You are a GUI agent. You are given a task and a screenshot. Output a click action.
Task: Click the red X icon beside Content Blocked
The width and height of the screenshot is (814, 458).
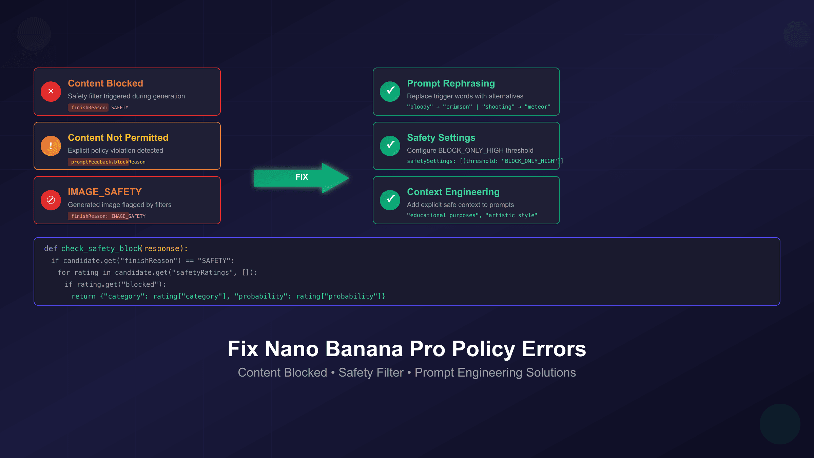(x=51, y=92)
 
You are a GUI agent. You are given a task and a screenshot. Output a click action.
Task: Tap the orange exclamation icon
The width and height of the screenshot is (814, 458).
(x=51, y=146)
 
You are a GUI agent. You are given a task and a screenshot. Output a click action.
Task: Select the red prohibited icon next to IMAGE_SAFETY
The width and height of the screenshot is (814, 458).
(x=51, y=200)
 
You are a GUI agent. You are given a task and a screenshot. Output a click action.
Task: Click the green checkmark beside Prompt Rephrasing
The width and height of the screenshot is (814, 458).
(x=390, y=92)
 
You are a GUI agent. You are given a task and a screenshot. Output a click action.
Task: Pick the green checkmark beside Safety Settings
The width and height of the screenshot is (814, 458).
(x=390, y=146)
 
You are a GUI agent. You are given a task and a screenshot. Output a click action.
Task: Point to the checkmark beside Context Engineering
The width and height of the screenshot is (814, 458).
(x=390, y=200)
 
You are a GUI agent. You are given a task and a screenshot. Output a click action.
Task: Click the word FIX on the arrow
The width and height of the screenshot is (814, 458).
(x=302, y=177)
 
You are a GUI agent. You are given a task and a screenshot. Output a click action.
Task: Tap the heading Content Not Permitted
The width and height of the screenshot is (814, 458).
(x=118, y=138)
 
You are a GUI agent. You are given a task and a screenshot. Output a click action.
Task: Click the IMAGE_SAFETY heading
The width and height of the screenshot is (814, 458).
(x=104, y=192)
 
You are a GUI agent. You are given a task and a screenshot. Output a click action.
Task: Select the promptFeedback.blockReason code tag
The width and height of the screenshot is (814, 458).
(x=108, y=162)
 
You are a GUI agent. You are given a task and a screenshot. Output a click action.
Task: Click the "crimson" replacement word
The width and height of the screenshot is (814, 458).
(x=457, y=107)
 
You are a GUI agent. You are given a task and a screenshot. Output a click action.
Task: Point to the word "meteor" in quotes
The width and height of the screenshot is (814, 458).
(x=537, y=107)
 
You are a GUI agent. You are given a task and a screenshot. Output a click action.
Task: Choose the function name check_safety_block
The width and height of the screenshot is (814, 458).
(x=101, y=249)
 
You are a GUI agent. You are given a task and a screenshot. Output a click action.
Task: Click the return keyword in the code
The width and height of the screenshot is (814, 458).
(x=83, y=297)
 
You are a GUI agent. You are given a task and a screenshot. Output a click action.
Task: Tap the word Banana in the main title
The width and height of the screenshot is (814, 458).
(x=364, y=349)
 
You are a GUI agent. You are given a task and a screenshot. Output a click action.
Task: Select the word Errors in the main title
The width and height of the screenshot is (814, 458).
(x=554, y=349)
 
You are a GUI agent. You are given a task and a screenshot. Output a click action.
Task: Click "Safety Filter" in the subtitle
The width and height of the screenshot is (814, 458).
(x=371, y=373)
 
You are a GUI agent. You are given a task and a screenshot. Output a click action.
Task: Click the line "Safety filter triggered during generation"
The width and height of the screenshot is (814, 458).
(x=126, y=96)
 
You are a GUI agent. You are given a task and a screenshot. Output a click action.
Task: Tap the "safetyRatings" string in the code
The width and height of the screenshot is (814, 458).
(x=202, y=273)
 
